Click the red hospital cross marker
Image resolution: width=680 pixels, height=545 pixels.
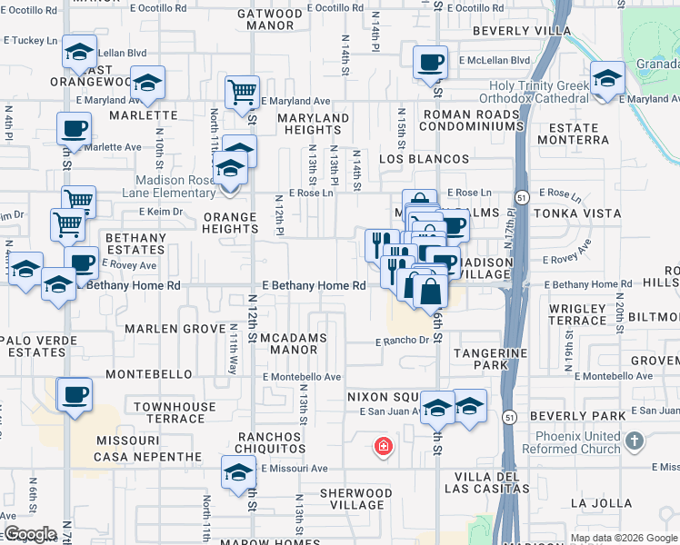pyautogui.click(x=384, y=446)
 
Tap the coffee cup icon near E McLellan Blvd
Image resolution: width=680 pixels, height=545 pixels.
pyautogui.click(x=431, y=64)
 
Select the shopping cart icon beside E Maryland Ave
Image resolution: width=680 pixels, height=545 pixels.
pyautogui.click(x=242, y=91)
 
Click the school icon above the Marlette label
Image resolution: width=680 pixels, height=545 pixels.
pyautogui.click(x=146, y=84)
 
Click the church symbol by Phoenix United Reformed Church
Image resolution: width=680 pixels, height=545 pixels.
pyautogui.click(x=635, y=441)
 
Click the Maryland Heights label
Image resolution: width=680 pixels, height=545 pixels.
pyautogui.click(x=314, y=124)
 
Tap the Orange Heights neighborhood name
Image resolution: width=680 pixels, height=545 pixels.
pyautogui.click(x=230, y=223)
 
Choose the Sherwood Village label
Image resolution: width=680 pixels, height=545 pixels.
pyautogui.click(x=357, y=499)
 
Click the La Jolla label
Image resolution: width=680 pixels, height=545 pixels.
pyautogui.click(x=601, y=502)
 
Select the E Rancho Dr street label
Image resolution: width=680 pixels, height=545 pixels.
pyautogui.click(x=402, y=342)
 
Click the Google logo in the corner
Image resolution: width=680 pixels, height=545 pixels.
pyautogui.click(x=30, y=534)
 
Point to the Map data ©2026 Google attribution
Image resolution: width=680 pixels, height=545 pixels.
pyautogui.click(x=623, y=538)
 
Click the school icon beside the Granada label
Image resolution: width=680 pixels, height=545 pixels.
pyautogui.click(x=607, y=78)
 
